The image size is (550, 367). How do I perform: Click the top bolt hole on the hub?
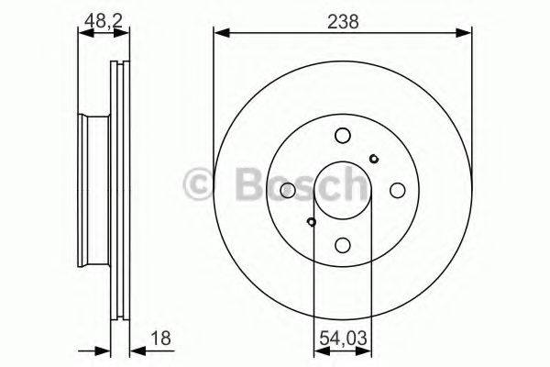[342, 135]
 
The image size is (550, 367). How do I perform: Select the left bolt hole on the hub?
[287, 190]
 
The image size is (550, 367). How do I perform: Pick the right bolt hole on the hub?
[397, 190]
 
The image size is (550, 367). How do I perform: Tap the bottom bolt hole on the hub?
[342, 245]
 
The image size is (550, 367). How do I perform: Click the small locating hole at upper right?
[373, 159]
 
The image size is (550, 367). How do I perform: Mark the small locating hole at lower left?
[312, 221]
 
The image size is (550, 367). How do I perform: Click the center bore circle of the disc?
[342, 190]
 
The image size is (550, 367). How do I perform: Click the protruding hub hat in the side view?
[93, 190]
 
